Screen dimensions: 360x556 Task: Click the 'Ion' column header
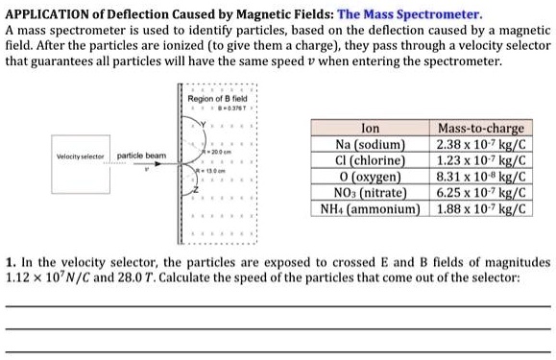(368, 127)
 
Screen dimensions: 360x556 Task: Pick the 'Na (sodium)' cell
(368, 144)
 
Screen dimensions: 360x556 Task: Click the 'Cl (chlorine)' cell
(368, 159)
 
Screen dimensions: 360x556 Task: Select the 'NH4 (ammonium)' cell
(368, 206)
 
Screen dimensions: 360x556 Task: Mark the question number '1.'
(11, 261)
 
